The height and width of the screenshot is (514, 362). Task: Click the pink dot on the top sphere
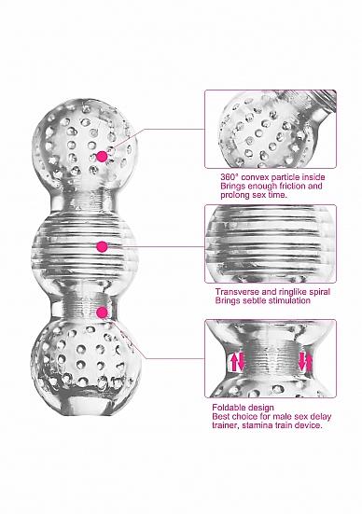click(x=102, y=157)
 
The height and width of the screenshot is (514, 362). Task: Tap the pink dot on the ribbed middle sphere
click(x=103, y=246)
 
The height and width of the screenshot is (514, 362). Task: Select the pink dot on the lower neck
click(x=103, y=313)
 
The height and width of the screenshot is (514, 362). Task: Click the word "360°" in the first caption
click(x=229, y=177)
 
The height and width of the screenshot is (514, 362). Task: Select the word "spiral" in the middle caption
click(x=318, y=292)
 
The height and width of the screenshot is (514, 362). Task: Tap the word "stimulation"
click(x=287, y=300)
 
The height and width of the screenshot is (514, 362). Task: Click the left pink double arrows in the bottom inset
click(x=238, y=362)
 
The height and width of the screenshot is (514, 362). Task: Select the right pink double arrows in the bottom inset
click(x=304, y=361)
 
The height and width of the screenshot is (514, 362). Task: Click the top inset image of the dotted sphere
click(x=271, y=129)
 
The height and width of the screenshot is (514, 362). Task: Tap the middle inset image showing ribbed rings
click(x=271, y=243)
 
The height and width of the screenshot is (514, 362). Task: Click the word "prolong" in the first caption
click(x=234, y=195)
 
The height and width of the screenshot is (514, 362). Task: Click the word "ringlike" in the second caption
click(x=289, y=292)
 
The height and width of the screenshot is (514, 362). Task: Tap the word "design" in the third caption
click(x=261, y=408)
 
